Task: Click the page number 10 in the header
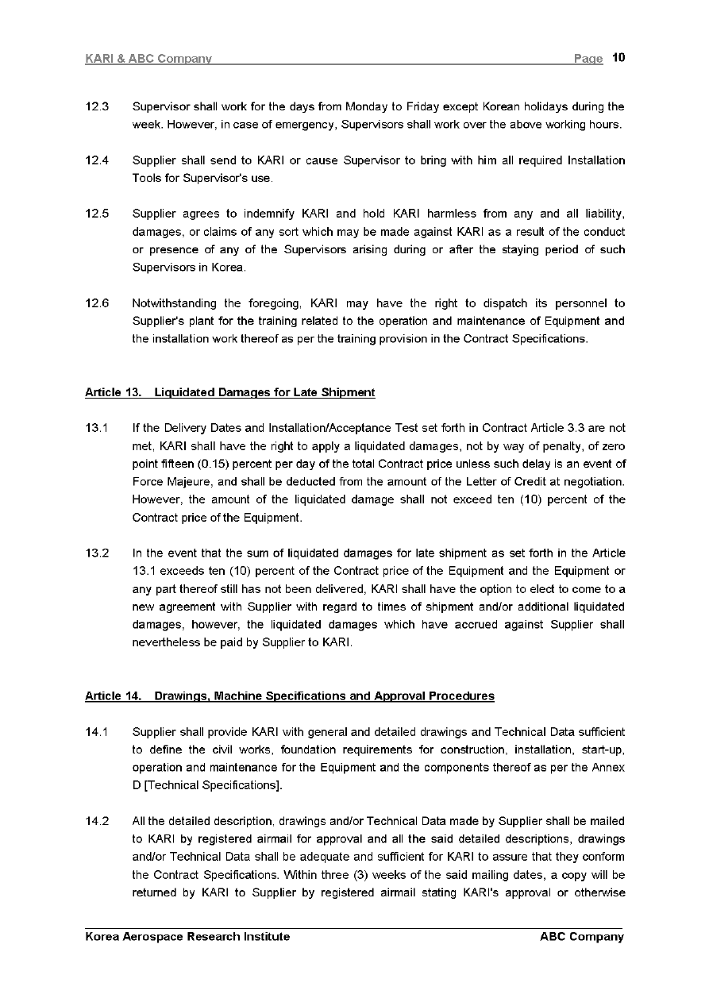click(x=619, y=58)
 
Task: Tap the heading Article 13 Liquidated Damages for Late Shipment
click(x=229, y=392)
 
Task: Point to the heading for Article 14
click(x=289, y=696)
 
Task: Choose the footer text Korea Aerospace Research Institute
click(x=187, y=937)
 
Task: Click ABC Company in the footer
click(x=581, y=937)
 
